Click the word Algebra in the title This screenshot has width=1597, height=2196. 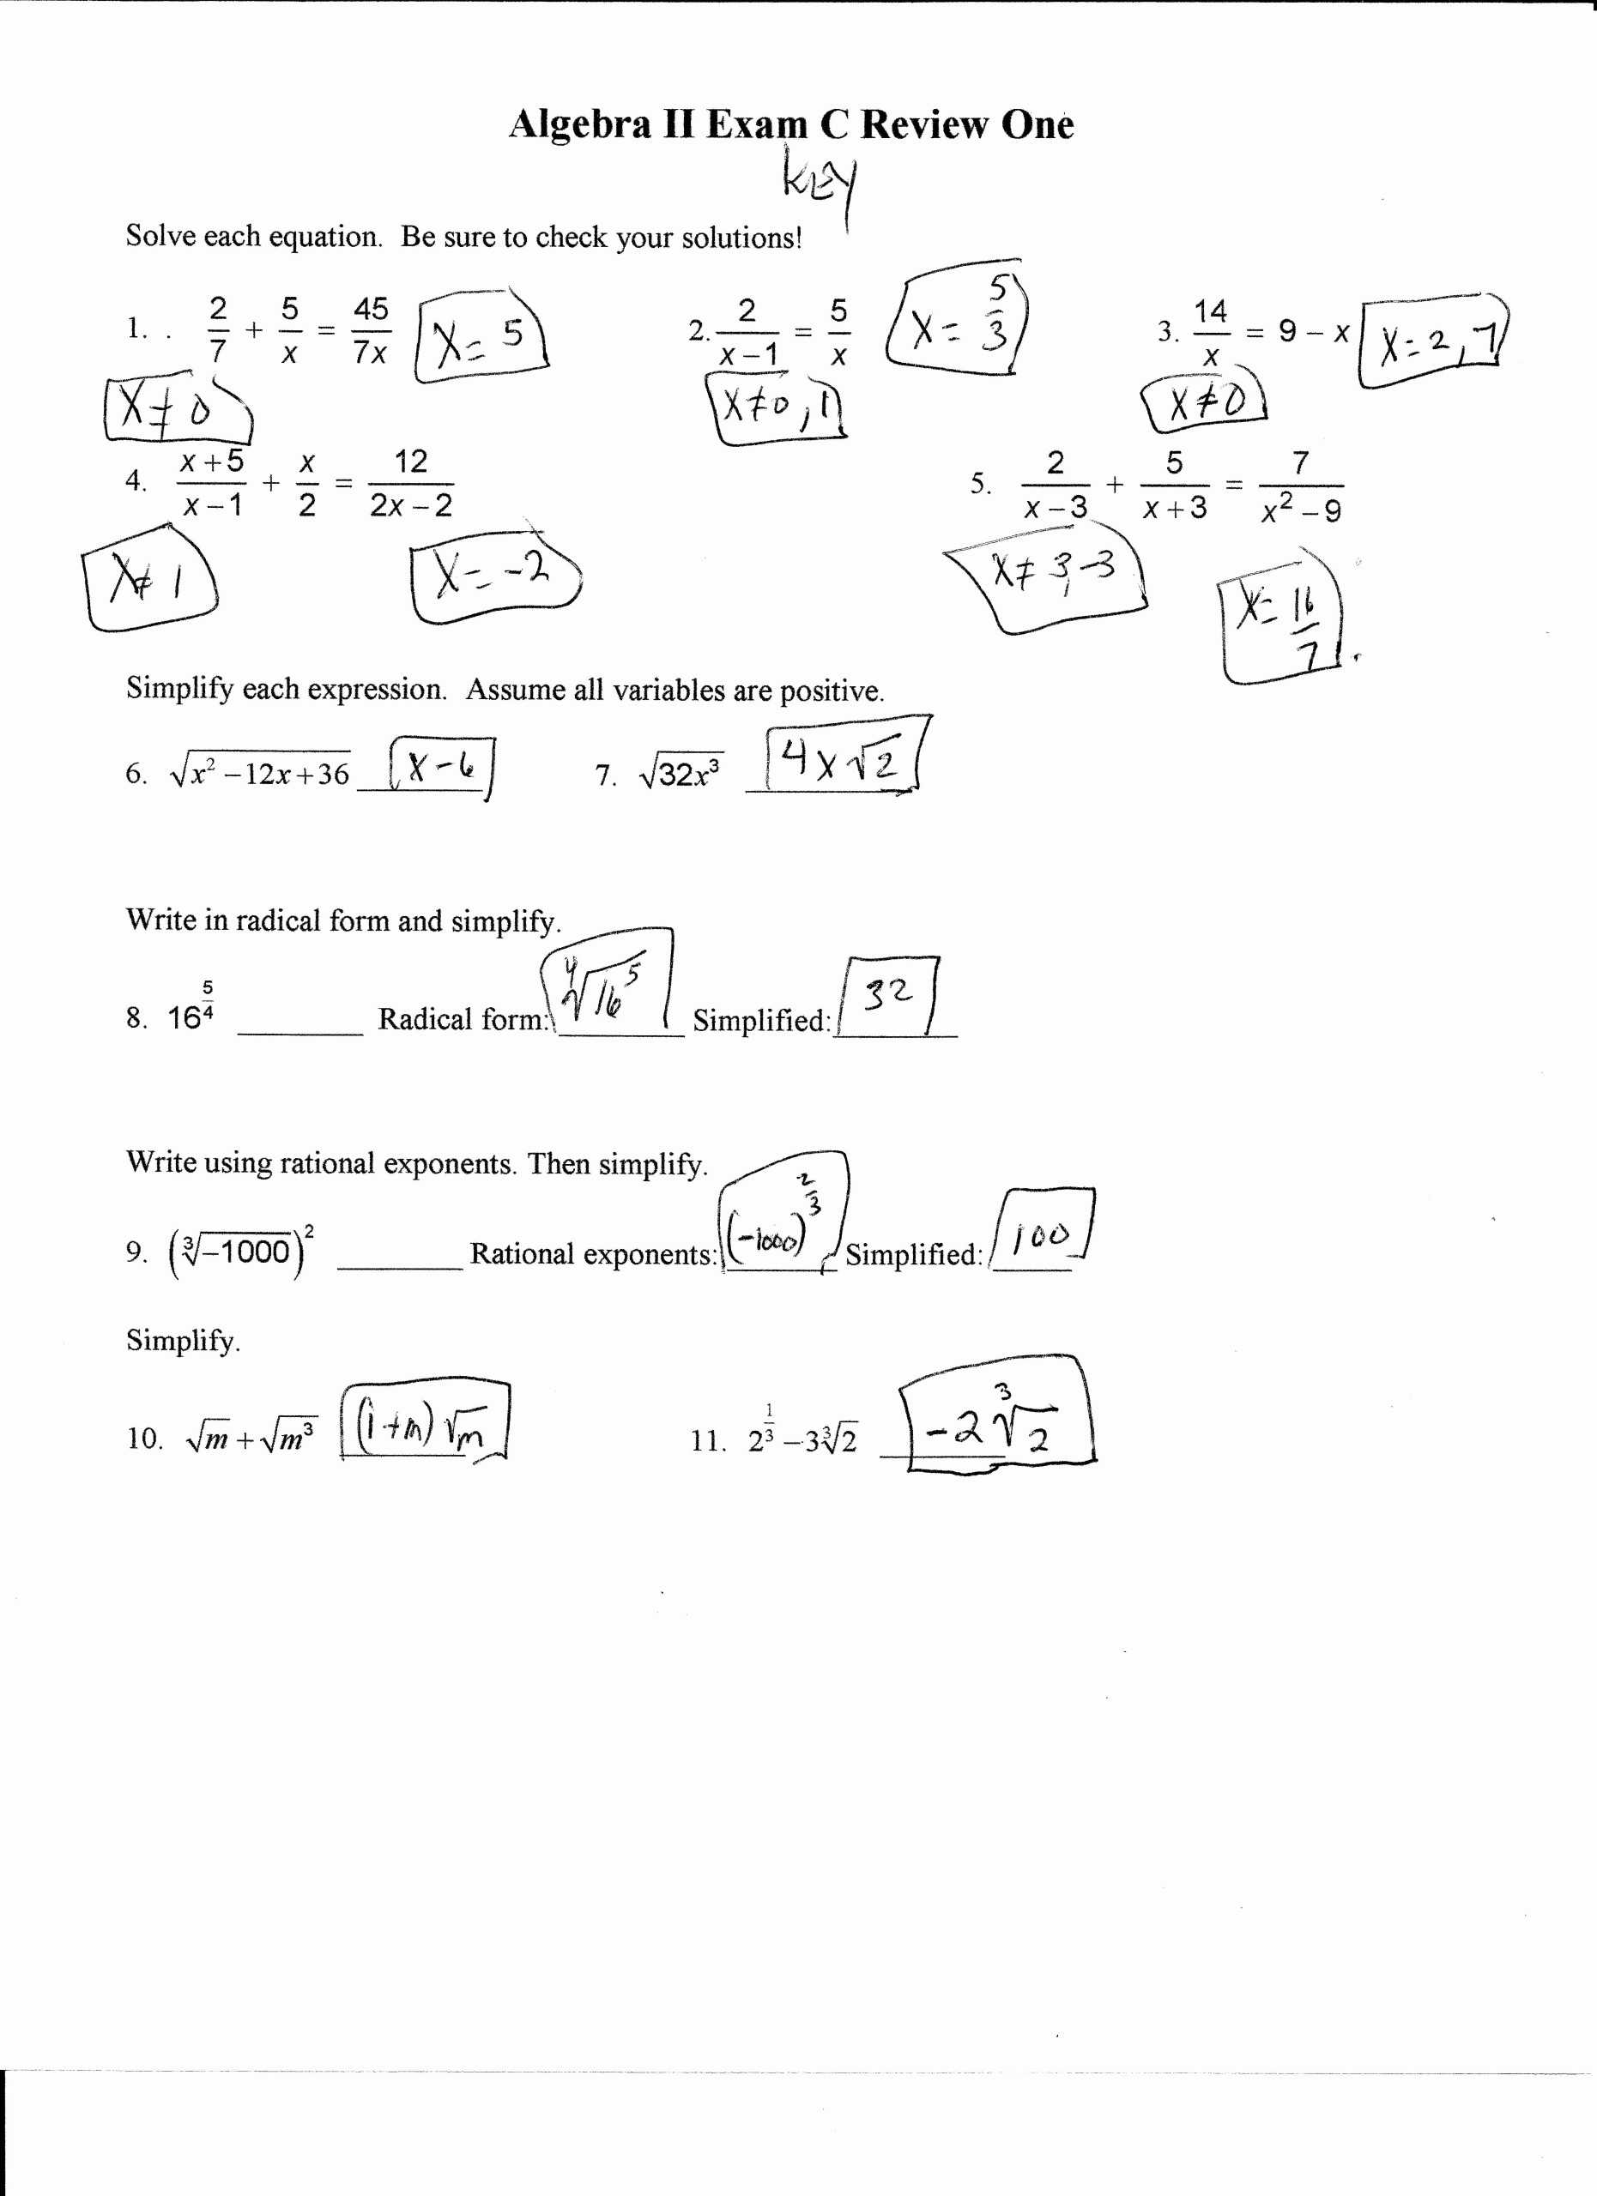[x=579, y=125]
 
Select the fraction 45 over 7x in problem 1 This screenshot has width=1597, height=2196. [x=370, y=331]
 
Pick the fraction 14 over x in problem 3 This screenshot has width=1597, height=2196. [x=1210, y=333]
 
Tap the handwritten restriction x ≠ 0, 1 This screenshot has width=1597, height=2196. [x=777, y=409]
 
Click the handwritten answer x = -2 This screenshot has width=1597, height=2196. [x=492, y=575]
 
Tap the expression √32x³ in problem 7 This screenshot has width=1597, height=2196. [x=680, y=774]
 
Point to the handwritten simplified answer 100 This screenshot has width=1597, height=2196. [x=1040, y=1234]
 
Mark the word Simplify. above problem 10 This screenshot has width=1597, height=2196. [x=183, y=1341]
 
